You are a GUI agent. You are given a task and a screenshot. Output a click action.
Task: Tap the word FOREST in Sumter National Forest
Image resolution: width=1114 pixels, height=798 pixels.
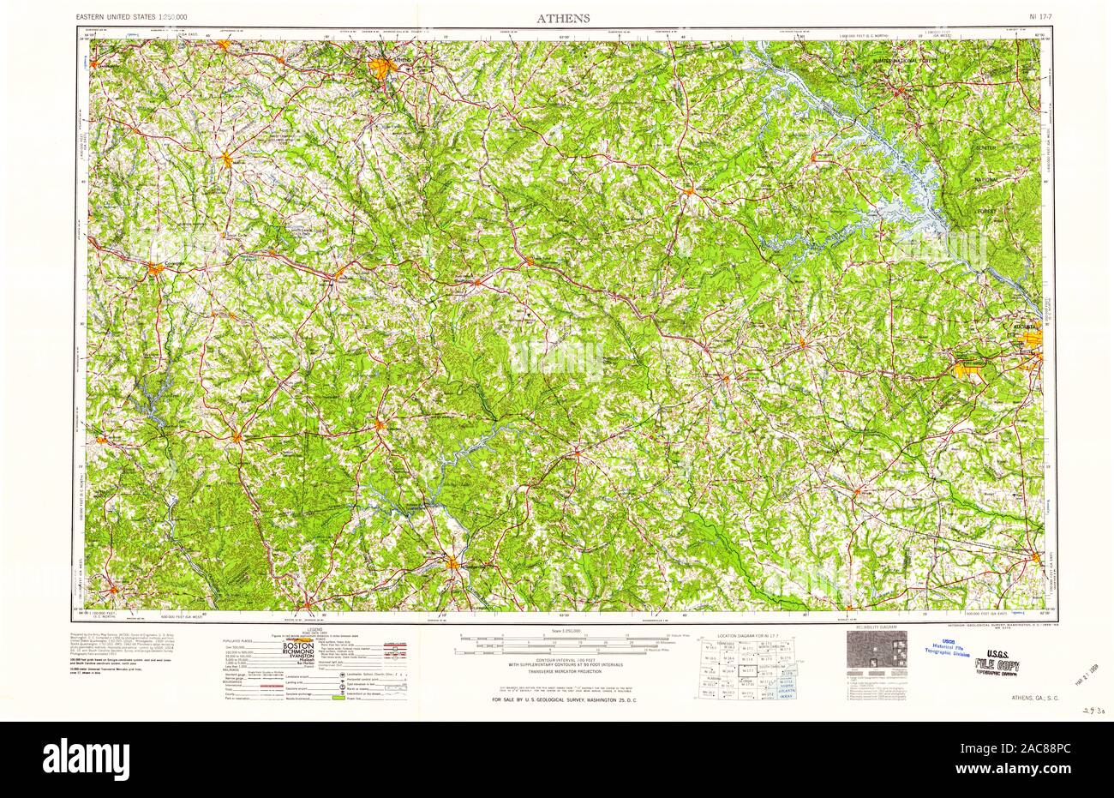pyautogui.click(x=989, y=210)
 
